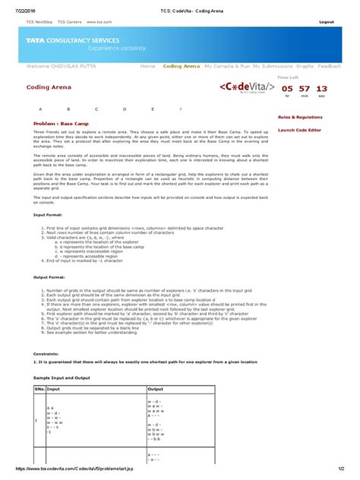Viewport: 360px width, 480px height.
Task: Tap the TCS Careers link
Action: coord(71,23)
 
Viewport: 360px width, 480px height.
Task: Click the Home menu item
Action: coord(147,66)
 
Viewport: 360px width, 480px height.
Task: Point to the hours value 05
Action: coord(287,89)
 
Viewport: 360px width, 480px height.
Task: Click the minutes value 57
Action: coord(304,89)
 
